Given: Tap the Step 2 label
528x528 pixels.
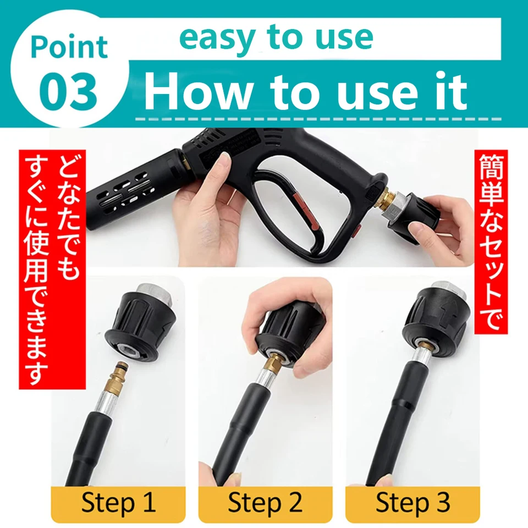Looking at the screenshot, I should point(265,503).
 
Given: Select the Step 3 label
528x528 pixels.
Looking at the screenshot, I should point(413,503).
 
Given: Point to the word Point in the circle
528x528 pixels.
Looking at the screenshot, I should point(69,48).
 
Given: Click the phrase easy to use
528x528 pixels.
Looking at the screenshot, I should point(276,37).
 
